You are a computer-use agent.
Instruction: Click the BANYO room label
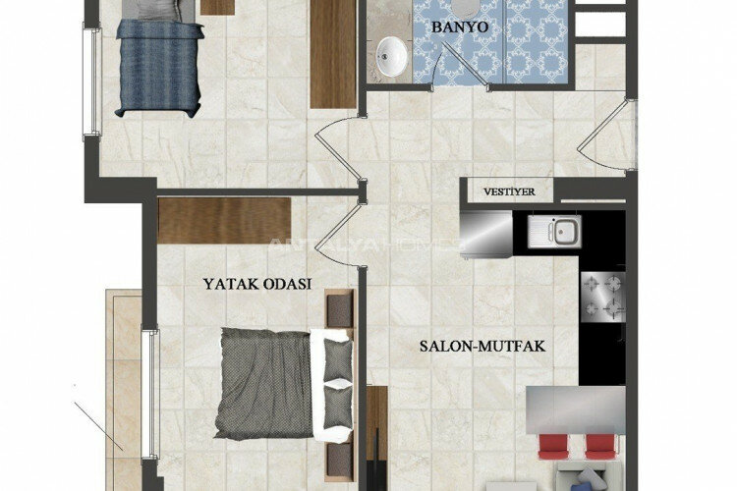pos(460,27)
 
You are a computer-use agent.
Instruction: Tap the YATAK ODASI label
pos(257,284)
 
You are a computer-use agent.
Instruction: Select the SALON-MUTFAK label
pos(482,347)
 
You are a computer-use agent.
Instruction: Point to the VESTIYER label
pos(509,191)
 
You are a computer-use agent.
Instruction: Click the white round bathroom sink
pos(391,57)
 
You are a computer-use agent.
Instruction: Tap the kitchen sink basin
pos(554,232)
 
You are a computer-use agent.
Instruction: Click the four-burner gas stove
pos(603,297)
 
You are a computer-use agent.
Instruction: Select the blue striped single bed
pos(160,67)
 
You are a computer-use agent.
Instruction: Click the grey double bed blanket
pos(264,383)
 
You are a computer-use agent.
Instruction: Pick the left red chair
pos(553,447)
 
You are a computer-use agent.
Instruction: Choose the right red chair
pos(599,447)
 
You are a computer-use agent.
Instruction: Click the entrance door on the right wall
pos(607,135)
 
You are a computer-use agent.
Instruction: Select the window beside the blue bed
pos(92,82)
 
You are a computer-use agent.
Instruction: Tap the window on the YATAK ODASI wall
pos(150,395)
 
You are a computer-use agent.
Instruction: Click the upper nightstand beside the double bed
pos(339,308)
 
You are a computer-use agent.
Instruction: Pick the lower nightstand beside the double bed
pos(339,462)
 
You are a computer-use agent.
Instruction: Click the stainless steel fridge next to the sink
pos(486,234)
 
